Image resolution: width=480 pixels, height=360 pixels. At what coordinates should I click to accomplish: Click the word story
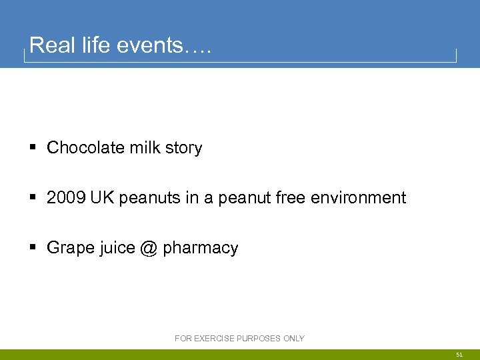point(183,148)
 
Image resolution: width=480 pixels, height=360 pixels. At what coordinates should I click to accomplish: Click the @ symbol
point(148,248)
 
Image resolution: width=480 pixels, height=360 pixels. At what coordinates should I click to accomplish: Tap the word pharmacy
point(200,249)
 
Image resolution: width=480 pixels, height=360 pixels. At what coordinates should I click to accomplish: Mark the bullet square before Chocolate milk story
point(33,148)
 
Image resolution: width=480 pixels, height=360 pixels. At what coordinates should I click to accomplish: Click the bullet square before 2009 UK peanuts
point(33,198)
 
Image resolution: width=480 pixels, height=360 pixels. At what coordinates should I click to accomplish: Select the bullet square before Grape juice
point(33,248)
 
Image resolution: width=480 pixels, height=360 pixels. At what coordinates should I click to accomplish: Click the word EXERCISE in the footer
point(213,339)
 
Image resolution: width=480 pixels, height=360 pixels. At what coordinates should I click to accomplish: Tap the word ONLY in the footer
point(294,339)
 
